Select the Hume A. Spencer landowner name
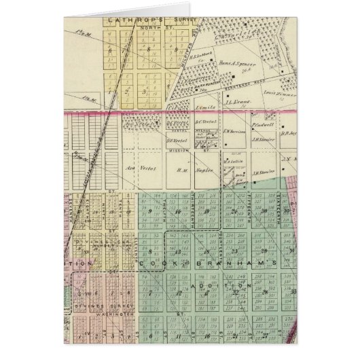[x=215, y=63]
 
